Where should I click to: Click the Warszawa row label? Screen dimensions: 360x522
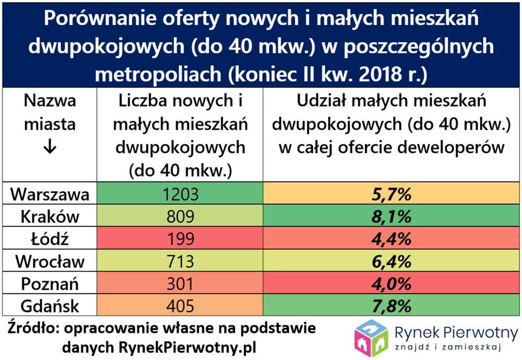click(50, 195)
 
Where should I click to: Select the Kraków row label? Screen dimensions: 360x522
click(50, 217)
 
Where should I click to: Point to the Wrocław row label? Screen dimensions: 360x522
click(50, 262)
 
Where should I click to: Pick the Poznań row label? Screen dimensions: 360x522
click(50, 284)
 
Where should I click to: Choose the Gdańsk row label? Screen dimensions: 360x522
click(50, 306)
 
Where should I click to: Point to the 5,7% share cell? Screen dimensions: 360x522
click(391, 195)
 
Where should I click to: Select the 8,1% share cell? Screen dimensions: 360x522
click(391, 217)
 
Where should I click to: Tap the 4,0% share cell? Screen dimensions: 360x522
click(391, 284)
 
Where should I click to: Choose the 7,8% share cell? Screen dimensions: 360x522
click(391, 306)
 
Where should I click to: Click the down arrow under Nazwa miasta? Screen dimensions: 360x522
click(50, 148)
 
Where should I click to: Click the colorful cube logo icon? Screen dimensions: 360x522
click(371, 338)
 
